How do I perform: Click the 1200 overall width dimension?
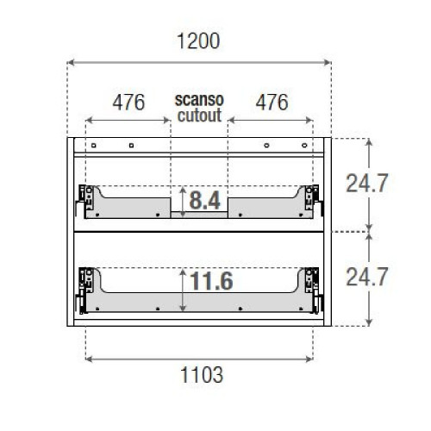point(199,41)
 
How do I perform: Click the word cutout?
point(199,114)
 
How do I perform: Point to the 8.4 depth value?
point(205,201)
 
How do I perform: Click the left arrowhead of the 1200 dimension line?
point(71,62)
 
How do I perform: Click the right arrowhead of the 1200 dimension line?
point(328,62)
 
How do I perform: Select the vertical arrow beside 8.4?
point(182,202)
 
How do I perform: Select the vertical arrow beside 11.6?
point(182,288)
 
